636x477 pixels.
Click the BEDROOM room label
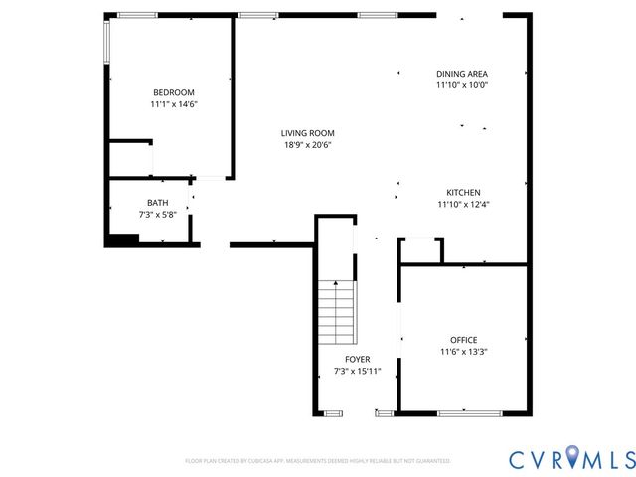(173, 92)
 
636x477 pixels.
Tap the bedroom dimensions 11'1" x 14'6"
(173, 103)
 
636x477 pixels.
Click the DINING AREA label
(462, 74)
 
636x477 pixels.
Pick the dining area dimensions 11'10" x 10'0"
(462, 84)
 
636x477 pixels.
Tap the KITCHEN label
(463, 193)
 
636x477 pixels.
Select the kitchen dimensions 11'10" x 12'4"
(463, 204)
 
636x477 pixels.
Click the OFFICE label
(463, 340)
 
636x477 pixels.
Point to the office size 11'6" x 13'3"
(463, 351)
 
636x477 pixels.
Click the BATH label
(158, 203)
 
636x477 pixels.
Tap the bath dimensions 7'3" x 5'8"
(158, 214)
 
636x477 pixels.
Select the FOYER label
(358, 360)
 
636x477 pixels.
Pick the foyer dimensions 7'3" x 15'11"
(358, 371)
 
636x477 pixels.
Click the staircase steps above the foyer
(336, 310)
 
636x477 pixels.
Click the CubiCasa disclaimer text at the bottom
(318, 461)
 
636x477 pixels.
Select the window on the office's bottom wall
(469, 412)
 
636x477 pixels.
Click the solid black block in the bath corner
(122, 238)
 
